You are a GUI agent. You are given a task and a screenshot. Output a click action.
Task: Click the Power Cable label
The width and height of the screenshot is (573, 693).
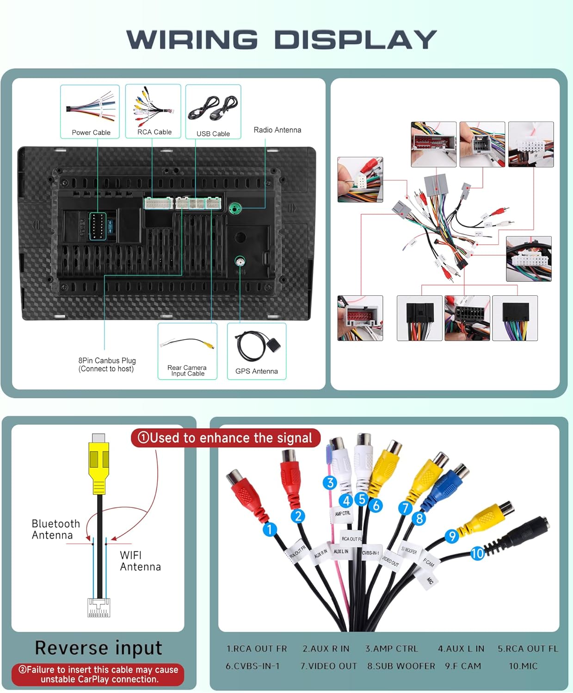[x=91, y=133]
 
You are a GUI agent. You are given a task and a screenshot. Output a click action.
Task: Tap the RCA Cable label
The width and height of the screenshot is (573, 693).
[x=154, y=132]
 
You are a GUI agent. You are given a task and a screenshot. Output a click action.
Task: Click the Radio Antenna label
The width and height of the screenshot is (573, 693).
[x=277, y=130]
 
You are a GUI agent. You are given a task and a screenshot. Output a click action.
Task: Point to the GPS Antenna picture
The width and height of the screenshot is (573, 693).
[x=256, y=346]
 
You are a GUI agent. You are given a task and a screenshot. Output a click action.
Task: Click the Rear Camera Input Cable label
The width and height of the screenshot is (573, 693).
[x=187, y=371]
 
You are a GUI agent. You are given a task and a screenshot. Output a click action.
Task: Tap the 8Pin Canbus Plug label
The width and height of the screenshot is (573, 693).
[x=107, y=364]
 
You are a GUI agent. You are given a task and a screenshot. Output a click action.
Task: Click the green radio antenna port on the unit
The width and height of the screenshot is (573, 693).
[x=235, y=208]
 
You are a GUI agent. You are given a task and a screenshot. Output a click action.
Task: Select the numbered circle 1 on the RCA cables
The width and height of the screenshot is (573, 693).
[x=270, y=529]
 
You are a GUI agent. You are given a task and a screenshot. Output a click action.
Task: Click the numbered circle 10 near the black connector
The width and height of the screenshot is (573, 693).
[x=477, y=553]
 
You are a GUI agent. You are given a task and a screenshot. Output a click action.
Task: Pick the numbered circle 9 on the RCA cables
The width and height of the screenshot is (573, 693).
[x=451, y=536]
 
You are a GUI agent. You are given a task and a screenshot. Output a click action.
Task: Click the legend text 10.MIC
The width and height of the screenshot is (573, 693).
[x=523, y=666]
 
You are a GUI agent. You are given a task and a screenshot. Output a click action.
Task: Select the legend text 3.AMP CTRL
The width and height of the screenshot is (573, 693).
[x=391, y=649]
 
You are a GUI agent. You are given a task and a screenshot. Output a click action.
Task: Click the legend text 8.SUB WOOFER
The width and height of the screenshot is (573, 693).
[x=401, y=666]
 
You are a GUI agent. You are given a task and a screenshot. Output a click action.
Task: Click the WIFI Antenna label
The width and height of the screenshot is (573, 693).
[x=140, y=561]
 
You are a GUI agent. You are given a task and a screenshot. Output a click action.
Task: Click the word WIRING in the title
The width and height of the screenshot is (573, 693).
[x=191, y=40]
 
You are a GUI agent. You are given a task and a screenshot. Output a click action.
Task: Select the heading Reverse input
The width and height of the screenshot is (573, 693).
[x=99, y=648]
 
